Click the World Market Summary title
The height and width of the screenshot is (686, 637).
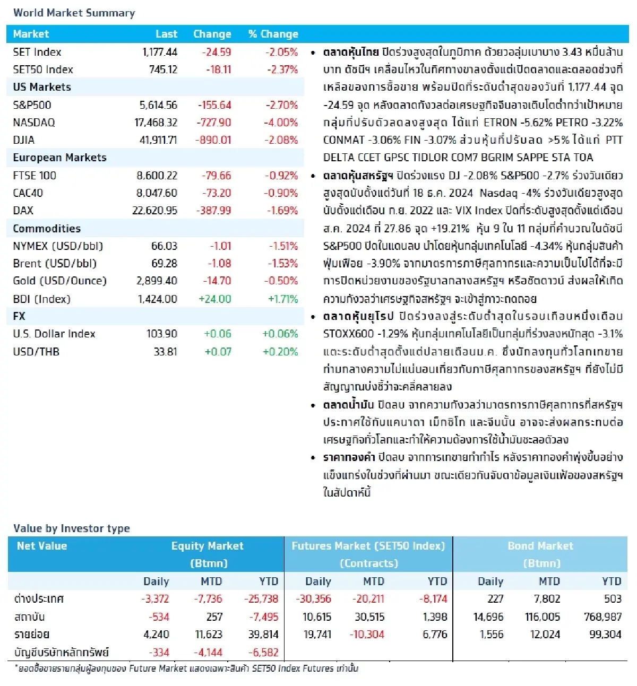(x=74, y=13)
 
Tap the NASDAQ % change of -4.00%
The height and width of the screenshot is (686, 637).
(x=281, y=123)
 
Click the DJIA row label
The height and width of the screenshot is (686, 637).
(x=24, y=140)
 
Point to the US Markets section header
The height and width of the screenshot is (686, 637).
(x=42, y=87)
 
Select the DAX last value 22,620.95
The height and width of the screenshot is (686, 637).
(x=154, y=211)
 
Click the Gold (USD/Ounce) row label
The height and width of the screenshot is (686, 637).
(x=59, y=281)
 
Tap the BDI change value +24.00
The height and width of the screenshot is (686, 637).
(x=214, y=299)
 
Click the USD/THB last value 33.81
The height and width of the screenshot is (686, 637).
(x=165, y=352)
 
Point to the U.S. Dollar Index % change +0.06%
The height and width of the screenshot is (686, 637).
(x=280, y=334)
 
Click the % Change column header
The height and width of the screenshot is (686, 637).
(x=273, y=34)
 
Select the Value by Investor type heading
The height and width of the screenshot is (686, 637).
(x=72, y=528)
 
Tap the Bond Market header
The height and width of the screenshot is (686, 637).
(x=540, y=546)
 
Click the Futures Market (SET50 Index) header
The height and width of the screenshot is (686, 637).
(x=368, y=546)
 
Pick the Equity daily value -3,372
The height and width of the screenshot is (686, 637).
(x=155, y=599)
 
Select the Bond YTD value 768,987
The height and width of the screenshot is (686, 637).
(x=602, y=617)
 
